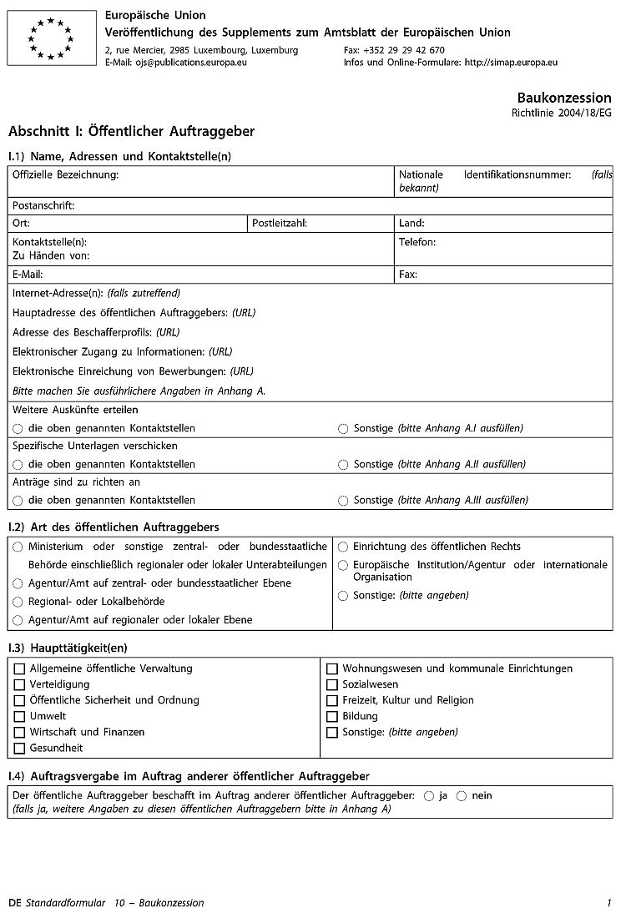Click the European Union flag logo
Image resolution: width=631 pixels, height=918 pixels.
[x=52, y=38]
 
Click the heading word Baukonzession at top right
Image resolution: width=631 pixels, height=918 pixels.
[x=563, y=98]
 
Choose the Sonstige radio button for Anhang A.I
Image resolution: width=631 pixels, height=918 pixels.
[x=343, y=429]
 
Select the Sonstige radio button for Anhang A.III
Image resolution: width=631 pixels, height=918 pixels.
[x=343, y=501]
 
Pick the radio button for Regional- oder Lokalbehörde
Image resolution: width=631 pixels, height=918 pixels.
[x=18, y=602]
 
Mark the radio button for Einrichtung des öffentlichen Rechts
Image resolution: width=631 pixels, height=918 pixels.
[x=343, y=547]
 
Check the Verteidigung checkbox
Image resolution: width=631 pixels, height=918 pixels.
[x=19, y=684]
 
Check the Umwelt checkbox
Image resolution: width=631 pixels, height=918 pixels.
[x=19, y=716]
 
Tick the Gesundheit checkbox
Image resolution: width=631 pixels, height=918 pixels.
[x=19, y=748]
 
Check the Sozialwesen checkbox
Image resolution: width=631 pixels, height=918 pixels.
[x=332, y=684]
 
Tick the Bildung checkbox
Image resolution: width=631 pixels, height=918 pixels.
[x=332, y=716]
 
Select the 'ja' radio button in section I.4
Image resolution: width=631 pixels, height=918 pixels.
[x=429, y=796]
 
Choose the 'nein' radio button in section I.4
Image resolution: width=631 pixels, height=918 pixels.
[x=462, y=796]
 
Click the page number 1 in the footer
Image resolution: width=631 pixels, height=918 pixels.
[x=609, y=903]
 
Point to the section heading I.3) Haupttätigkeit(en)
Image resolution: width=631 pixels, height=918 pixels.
[x=68, y=648]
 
